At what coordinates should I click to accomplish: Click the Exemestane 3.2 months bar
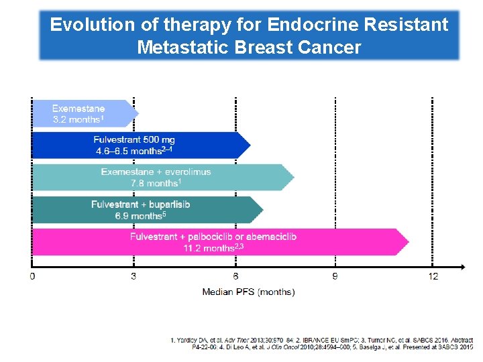click(84, 114)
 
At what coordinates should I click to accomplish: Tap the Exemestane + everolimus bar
click(161, 178)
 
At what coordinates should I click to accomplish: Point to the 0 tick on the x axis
click(33, 276)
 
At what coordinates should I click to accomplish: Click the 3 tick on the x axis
click(133, 276)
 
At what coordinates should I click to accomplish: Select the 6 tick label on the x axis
click(235, 276)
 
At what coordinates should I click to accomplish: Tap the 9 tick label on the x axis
click(335, 276)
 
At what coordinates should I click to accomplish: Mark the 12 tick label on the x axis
click(433, 276)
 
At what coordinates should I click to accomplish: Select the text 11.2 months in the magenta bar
click(207, 248)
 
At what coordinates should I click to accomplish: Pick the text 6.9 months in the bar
click(138, 216)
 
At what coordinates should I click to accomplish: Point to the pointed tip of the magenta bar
click(407, 242)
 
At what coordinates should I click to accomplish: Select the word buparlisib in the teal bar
click(167, 204)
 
